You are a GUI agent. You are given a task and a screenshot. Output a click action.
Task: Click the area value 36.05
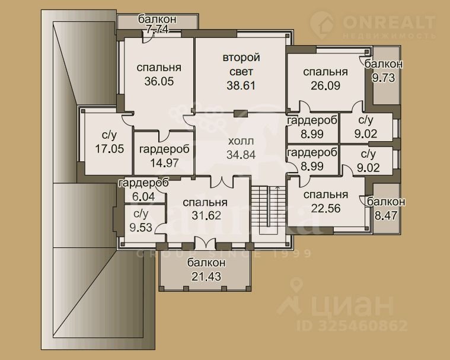click(159, 81)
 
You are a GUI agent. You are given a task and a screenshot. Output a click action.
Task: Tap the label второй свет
click(241, 64)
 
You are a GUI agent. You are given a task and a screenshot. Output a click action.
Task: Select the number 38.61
click(241, 85)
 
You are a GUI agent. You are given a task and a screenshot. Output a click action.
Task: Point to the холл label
click(241, 141)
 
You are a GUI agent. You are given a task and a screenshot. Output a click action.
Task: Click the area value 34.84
click(241, 155)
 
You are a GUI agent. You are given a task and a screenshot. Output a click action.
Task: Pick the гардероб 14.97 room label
click(164, 156)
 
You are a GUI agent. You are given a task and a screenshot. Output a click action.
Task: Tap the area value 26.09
click(325, 85)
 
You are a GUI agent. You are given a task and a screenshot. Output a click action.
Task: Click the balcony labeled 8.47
click(386, 208)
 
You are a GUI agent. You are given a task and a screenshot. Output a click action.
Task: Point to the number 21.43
click(206, 276)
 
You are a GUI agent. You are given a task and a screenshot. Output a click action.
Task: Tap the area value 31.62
click(206, 215)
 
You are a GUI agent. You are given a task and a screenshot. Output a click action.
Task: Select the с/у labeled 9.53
click(141, 221)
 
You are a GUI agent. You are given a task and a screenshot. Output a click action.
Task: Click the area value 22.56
click(325, 208)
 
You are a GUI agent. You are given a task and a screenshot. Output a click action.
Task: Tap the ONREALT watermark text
click(389, 22)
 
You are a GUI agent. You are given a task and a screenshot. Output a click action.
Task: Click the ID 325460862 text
click(352, 326)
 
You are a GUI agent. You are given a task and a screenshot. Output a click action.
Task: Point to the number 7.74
click(157, 30)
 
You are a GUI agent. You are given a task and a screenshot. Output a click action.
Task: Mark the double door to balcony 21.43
click(205, 244)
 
